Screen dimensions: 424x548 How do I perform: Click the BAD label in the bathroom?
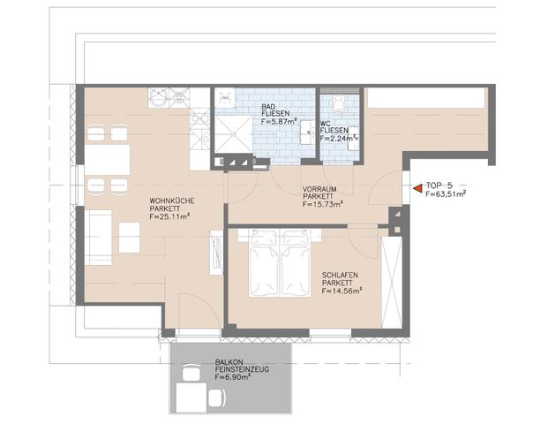tap(268, 108)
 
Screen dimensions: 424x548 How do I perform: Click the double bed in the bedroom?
tap(278, 262)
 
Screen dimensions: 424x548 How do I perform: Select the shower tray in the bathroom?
tap(232, 132)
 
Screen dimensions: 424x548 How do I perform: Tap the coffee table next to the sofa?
tap(130, 238)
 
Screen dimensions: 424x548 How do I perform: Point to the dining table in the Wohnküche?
tap(107, 160)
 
